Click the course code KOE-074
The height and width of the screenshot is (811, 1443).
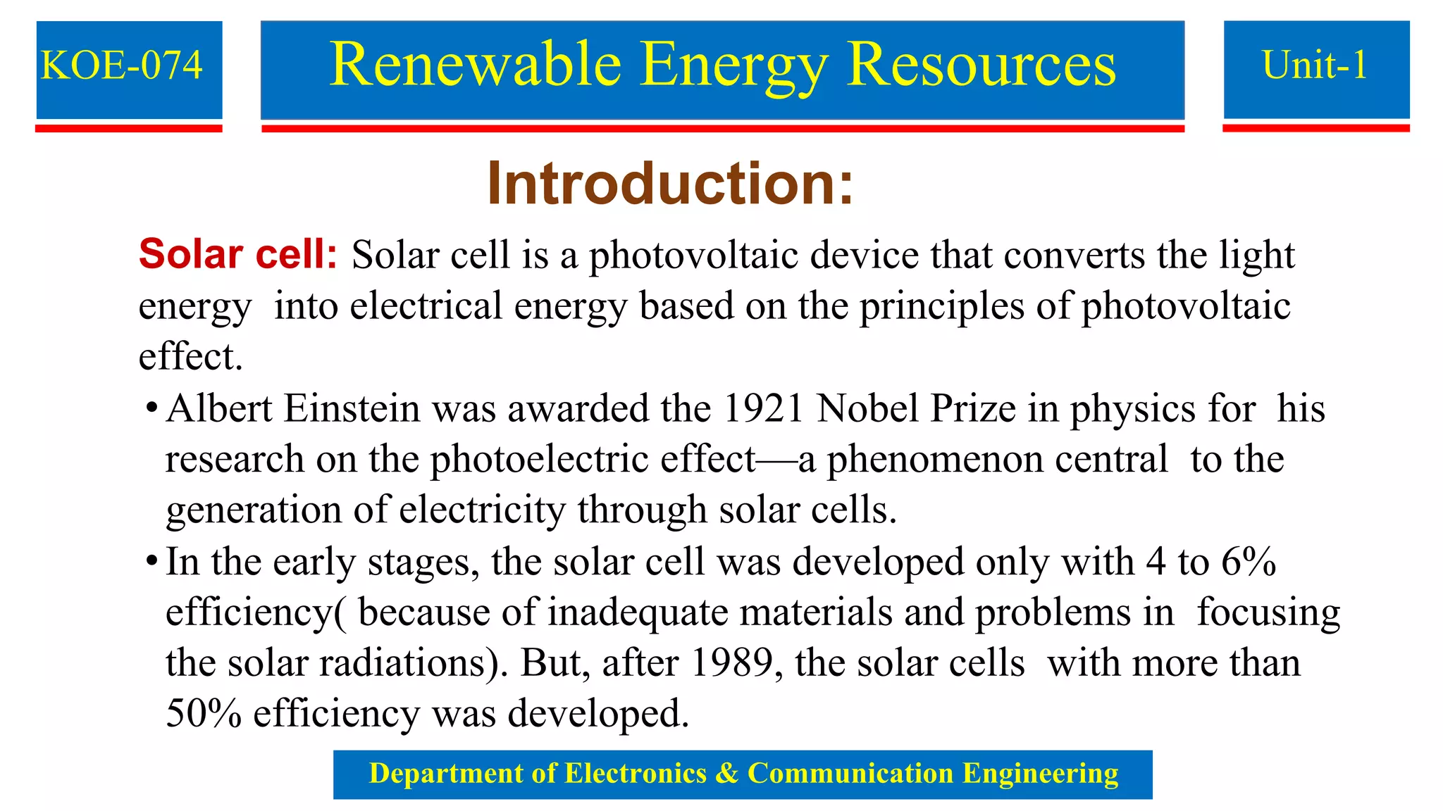coord(122,65)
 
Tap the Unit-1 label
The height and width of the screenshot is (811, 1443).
coord(1315,65)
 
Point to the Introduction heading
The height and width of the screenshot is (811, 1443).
coord(670,184)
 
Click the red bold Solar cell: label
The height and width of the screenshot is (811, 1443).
coord(238,254)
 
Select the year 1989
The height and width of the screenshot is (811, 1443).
coord(732,662)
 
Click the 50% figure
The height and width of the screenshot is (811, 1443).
coord(204,713)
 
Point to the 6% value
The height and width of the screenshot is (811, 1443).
coord(1249,562)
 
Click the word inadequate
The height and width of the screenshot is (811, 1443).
coord(638,612)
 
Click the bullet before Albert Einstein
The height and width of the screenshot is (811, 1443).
coord(151,409)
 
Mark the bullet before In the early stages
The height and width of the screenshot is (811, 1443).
coord(151,562)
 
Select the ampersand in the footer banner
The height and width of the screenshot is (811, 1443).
coord(726,774)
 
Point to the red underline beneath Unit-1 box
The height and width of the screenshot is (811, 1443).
coord(1315,128)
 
